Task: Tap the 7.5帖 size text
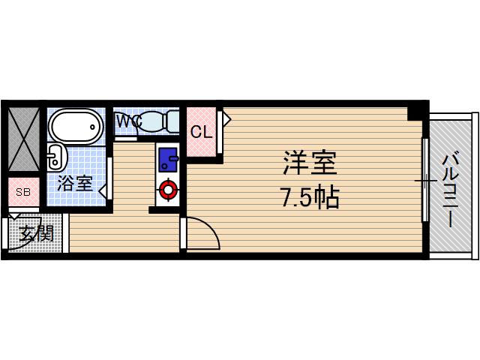coord(309,198)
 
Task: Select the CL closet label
coord(200,133)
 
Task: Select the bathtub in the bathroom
coord(74,125)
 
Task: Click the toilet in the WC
coord(158,121)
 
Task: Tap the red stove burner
coord(168,190)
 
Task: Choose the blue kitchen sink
coord(168,158)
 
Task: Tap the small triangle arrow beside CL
coord(226,118)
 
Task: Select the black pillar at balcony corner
coord(416,112)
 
